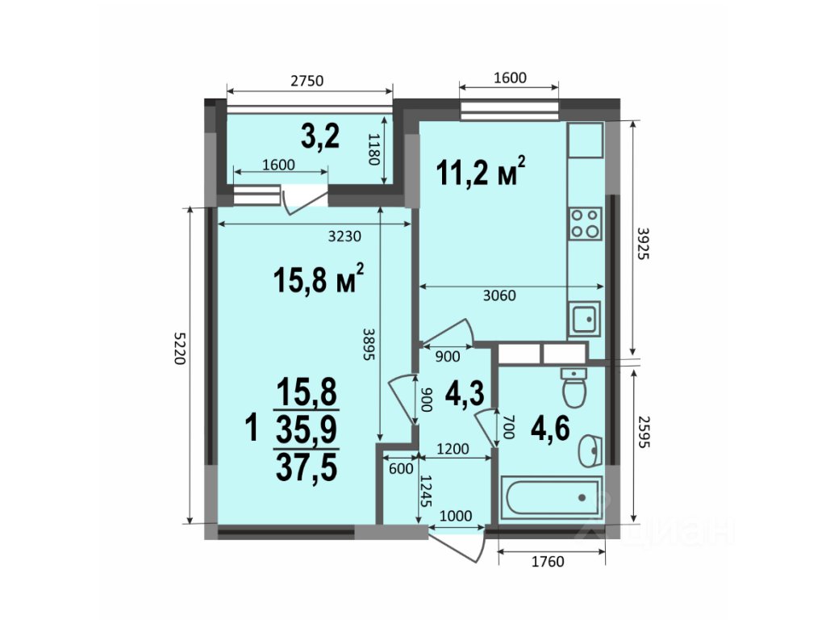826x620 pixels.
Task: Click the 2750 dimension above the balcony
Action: [307, 81]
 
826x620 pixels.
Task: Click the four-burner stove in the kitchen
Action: [586, 224]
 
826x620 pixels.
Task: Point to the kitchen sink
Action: [584, 318]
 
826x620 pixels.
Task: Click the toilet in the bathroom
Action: [574, 387]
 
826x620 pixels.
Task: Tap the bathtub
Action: [550, 497]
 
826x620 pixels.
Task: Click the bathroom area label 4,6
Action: [550, 428]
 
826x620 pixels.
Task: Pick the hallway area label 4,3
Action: [465, 393]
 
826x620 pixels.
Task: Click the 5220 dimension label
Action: [180, 348]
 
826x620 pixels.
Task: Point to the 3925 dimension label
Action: [644, 244]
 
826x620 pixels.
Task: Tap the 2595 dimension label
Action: [644, 433]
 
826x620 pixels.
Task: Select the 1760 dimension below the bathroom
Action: [548, 562]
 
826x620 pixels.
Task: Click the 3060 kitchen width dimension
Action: [499, 295]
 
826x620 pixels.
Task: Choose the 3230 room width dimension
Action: [344, 237]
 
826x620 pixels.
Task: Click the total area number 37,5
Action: [307, 468]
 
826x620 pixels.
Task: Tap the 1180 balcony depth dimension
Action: [373, 149]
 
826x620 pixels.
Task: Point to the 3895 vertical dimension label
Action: [368, 344]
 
